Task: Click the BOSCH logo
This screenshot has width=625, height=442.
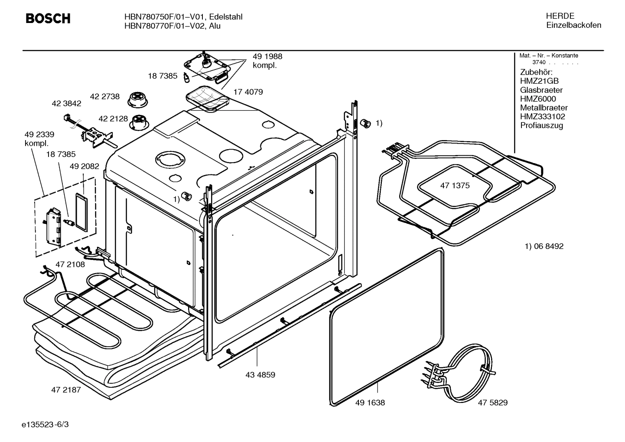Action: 48,19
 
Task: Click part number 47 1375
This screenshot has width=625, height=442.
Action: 455,186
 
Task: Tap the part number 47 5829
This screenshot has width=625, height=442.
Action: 492,403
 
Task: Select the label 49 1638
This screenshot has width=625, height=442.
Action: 370,403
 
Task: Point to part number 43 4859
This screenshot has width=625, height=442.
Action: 260,375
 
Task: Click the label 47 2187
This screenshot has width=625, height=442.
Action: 66,390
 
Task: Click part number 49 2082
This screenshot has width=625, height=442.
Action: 85,166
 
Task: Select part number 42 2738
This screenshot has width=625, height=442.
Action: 105,96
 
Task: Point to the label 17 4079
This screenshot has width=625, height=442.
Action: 248,92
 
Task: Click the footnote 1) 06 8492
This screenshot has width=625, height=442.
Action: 544,246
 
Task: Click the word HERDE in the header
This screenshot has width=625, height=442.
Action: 560,16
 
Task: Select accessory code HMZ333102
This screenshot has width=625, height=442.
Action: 542,116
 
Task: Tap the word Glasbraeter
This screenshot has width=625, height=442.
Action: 541,90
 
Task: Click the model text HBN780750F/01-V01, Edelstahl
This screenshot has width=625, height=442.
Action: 183,17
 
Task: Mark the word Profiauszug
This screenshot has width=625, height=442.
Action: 541,125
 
